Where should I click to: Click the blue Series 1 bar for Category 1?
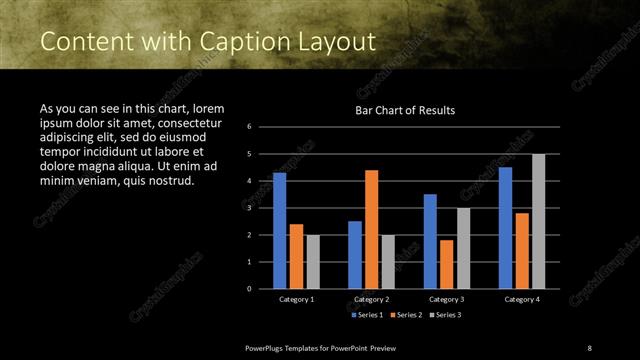280,230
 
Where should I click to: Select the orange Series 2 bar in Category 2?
371,229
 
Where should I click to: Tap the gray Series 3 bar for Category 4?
538,221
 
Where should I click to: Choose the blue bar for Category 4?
505,227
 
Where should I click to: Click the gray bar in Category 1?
313,262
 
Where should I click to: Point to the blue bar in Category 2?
355,255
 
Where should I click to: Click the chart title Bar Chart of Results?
405,111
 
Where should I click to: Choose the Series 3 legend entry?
448,315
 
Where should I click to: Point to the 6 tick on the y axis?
263,127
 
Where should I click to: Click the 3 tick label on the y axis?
263,208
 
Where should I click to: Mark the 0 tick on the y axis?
263,289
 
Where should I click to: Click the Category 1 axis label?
296,299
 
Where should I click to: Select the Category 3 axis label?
446,299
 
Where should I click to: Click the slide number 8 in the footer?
588,347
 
